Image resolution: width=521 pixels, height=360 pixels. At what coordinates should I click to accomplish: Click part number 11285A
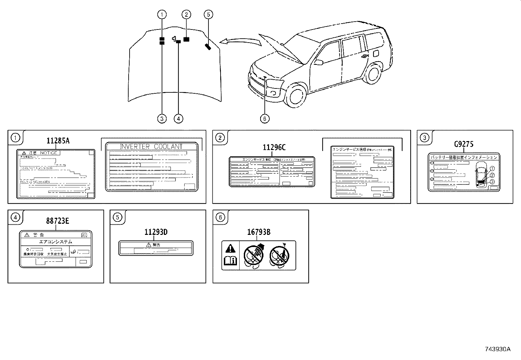[x=58, y=141]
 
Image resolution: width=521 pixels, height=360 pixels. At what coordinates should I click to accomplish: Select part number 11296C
[x=274, y=148]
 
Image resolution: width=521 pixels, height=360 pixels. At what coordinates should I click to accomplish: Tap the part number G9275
[x=463, y=144]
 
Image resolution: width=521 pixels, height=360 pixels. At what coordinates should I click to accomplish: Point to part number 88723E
[x=57, y=221]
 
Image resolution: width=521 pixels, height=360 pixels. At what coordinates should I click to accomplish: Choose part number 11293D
[x=156, y=232]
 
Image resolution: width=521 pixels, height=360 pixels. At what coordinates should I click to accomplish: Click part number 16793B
[x=259, y=232]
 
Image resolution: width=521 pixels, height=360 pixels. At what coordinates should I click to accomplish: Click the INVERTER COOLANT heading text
[x=151, y=147]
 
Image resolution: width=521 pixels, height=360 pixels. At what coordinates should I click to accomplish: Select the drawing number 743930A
[x=497, y=349]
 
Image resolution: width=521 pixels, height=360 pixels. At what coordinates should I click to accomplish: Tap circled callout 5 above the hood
[x=208, y=14]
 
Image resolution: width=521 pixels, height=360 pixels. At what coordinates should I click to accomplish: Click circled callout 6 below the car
[x=264, y=118]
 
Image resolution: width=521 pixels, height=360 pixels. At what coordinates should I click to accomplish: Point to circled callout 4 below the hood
[x=178, y=118]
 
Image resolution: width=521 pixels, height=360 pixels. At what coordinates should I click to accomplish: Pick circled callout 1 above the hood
[x=162, y=14]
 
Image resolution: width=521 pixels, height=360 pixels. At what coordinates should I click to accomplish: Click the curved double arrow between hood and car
[x=239, y=41]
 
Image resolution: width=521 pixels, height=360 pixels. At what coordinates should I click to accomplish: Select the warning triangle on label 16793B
[x=230, y=249]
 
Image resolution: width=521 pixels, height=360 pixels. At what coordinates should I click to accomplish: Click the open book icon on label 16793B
[x=230, y=261]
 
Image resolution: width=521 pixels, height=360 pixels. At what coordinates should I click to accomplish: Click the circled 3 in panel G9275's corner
[x=424, y=138]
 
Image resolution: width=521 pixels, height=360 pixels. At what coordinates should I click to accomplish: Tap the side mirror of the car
[x=319, y=62]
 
